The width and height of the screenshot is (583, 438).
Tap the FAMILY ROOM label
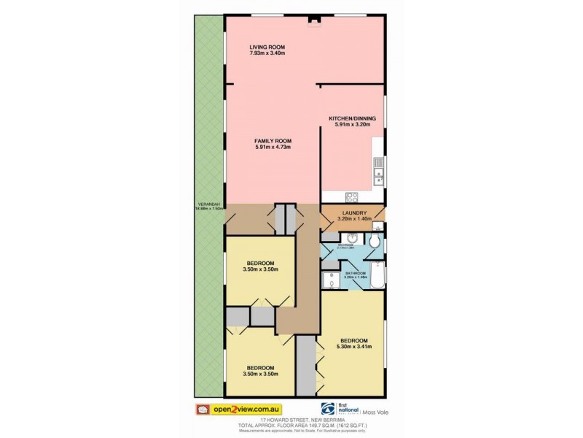273,140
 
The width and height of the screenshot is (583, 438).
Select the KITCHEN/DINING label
351,118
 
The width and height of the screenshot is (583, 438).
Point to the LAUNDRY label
356,213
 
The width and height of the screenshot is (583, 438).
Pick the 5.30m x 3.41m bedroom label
353,340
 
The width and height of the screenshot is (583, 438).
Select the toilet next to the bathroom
375,240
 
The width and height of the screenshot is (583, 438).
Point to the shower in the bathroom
329,280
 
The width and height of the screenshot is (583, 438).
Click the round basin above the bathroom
351,238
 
